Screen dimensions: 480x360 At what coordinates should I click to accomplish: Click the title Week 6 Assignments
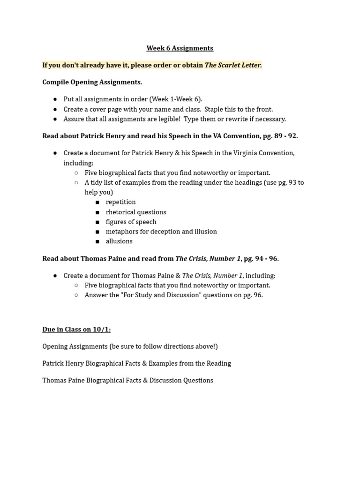point(180,48)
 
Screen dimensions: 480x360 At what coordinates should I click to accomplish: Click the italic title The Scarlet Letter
point(233,65)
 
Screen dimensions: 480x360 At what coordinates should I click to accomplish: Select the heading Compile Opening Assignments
point(92,82)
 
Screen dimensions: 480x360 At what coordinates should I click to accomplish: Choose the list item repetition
point(120,202)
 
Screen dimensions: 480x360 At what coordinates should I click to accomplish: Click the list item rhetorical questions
point(136,212)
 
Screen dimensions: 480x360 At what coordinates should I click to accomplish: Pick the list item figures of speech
point(131,222)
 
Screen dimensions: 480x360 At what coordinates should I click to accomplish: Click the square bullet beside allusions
point(97,241)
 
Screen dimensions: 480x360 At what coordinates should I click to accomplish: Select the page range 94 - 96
point(268,259)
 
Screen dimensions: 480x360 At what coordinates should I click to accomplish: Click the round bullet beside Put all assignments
point(55,99)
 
